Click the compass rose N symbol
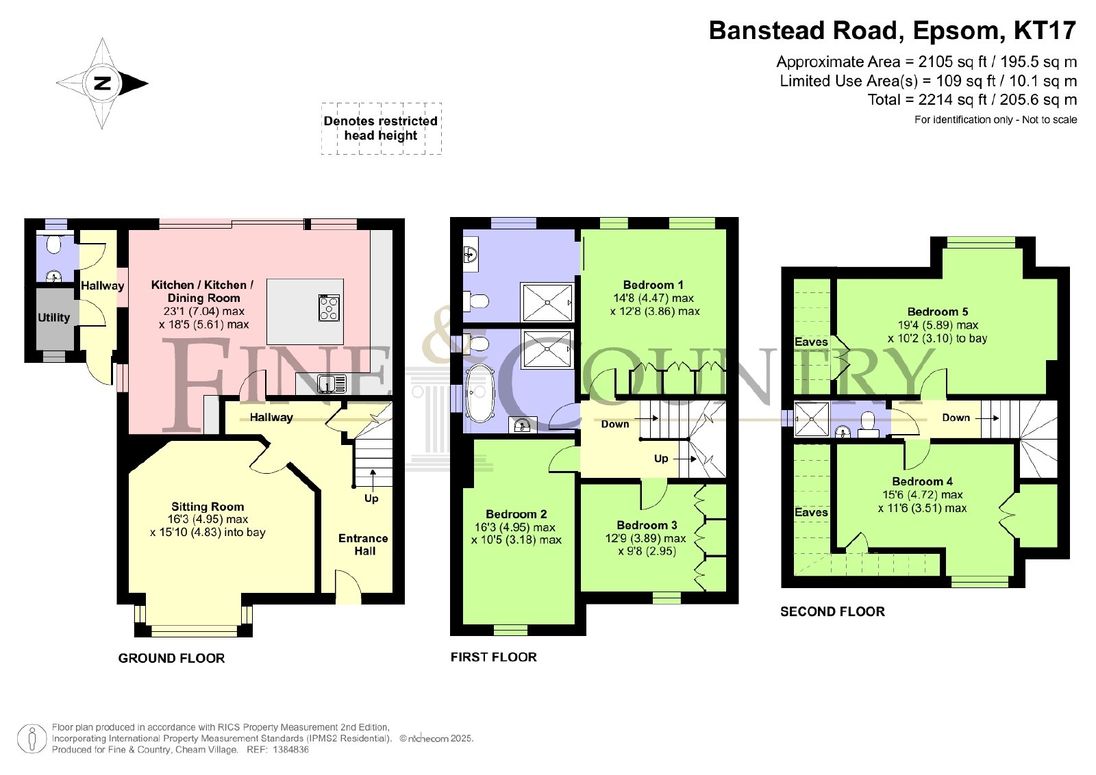[x=102, y=83]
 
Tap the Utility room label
[x=54, y=318]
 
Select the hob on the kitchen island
[x=329, y=308]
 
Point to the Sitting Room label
[x=208, y=507]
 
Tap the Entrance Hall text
[x=364, y=545]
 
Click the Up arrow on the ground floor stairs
[x=373, y=480]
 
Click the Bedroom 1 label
[x=653, y=285]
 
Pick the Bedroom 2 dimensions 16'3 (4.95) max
[x=514, y=527]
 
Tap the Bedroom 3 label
[x=647, y=525]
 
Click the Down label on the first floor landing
[x=615, y=424]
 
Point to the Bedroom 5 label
[x=938, y=312]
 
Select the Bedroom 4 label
[x=922, y=481]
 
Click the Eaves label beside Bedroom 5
[x=811, y=342]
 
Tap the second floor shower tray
[x=812, y=419]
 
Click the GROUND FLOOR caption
[x=171, y=658]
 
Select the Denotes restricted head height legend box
[x=381, y=129]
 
